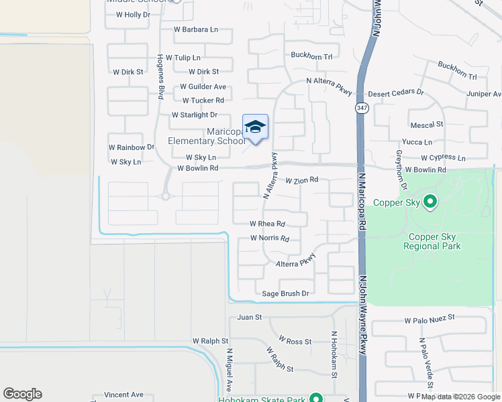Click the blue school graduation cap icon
point(255,127)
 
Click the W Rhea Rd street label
point(267,224)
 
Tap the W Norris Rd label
point(269,238)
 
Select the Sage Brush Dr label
point(285,293)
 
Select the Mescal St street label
point(427,124)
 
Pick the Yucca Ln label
point(417,142)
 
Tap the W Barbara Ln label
point(196,29)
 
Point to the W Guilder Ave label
point(203,86)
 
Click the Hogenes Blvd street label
point(161,76)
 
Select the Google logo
point(22,394)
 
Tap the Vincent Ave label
point(123,395)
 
